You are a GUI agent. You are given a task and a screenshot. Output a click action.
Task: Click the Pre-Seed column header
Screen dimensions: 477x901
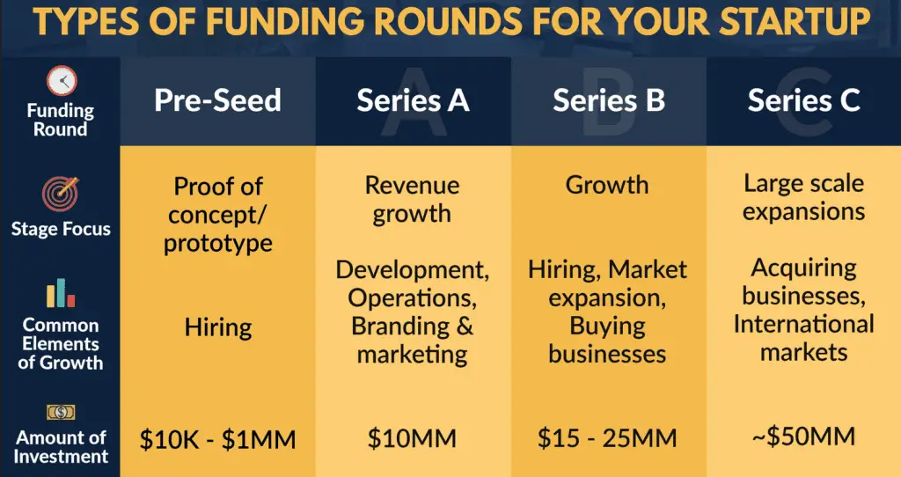coord(217,100)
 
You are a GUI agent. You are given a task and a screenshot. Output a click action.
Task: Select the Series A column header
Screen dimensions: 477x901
coord(413,100)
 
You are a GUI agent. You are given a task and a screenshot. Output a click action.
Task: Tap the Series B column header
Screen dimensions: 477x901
coord(608,100)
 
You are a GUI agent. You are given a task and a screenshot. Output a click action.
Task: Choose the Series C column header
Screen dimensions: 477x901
coord(803,100)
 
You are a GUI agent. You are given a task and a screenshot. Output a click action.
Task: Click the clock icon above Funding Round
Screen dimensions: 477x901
coord(62,81)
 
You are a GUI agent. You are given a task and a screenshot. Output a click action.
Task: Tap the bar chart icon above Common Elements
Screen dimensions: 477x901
coord(62,294)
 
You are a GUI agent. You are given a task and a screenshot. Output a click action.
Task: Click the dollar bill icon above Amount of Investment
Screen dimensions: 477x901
coord(62,412)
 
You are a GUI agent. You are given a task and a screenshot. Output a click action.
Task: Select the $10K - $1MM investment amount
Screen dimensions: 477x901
coord(218,437)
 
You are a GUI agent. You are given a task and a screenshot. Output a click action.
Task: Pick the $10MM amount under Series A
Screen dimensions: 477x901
coord(412,437)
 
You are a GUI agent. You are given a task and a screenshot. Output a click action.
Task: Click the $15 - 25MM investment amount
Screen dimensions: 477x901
coord(607,437)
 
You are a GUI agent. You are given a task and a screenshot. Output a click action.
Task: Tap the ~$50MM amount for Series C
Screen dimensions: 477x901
coord(803,436)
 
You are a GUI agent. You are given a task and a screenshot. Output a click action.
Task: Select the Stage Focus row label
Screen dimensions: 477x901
coord(62,229)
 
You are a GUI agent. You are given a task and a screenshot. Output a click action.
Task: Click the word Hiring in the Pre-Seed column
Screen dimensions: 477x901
coord(218,328)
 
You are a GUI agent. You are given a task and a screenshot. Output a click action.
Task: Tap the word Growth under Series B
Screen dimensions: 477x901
coord(607,185)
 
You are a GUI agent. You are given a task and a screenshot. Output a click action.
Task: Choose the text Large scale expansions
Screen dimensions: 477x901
coord(803,197)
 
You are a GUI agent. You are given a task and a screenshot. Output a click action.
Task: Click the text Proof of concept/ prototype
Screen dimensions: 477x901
coord(218,214)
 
